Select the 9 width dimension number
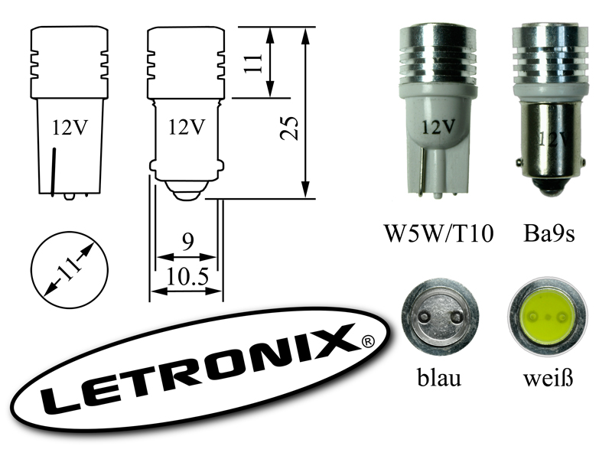pyautogui.click(x=187, y=243)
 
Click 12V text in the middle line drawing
pyautogui.click(x=187, y=126)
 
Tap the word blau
pyautogui.click(x=440, y=378)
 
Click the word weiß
pyautogui.click(x=547, y=378)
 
